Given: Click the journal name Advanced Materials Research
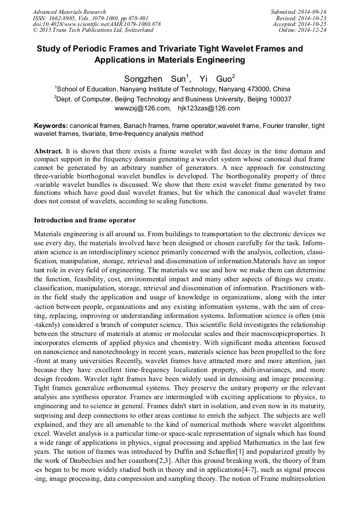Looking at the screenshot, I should pos(69,12).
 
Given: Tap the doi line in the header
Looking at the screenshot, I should pos(97,24).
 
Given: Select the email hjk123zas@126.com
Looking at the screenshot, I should pos(209,108).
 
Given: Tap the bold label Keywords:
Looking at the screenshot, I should pos(51,126).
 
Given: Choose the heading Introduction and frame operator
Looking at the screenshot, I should pos(85,220).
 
